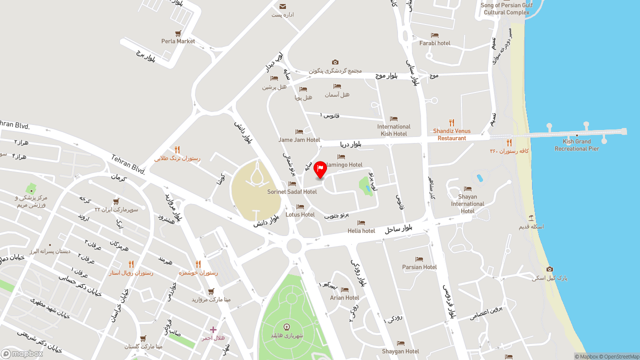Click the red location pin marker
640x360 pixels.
click(x=320, y=169)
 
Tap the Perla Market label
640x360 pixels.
click(x=178, y=41)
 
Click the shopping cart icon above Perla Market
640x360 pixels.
click(x=178, y=33)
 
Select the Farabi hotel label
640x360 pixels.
click(x=434, y=43)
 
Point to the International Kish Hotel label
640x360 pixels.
click(x=393, y=130)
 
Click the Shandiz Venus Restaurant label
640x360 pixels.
click(x=451, y=134)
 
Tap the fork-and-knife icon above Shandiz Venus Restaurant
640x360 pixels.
click(x=451, y=122)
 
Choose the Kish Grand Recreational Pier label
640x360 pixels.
click(x=576, y=145)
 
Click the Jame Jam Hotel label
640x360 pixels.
click(x=299, y=140)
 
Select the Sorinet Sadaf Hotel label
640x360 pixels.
click(x=292, y=192)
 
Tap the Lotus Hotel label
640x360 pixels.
click(x=300, y=214)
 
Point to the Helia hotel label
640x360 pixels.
click(x=361, y=231)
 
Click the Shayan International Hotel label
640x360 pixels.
click(x=467, y=203)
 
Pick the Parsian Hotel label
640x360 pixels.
click(x=419, y=267)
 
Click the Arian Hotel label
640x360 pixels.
click(x=344, y=297)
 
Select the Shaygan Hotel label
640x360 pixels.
click(x=400, y=351)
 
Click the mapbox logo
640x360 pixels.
click(x=22, y=353)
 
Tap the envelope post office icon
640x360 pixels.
click(x=283, y=6)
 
